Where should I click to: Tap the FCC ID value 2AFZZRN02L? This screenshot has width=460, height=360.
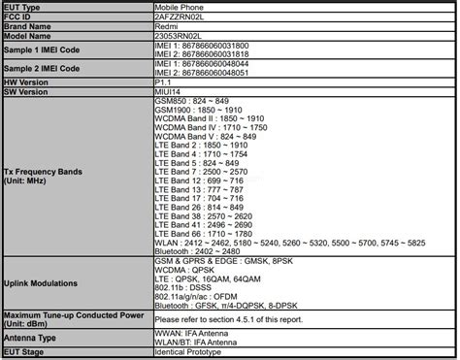(x=181, y=16)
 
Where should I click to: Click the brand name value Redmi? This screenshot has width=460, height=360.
(x=167, y=28)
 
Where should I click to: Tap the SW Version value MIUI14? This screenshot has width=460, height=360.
(x=168, y=94)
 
